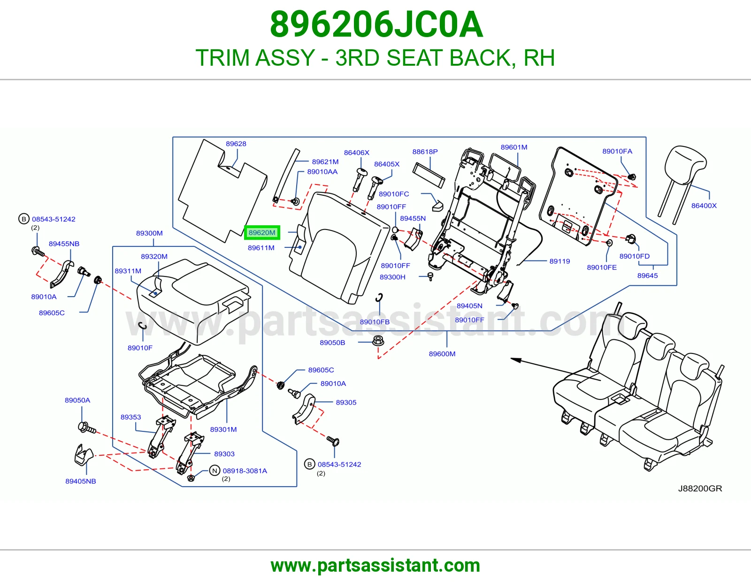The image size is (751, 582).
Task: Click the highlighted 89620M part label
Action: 262,233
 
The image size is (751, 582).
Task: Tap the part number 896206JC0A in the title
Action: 376,24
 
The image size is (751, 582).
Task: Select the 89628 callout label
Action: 236,144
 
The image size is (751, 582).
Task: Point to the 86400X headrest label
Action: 704,206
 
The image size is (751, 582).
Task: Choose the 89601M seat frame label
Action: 514,147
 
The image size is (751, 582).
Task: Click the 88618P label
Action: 425,152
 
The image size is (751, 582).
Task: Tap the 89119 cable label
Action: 559,261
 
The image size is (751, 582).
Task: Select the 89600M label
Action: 442,354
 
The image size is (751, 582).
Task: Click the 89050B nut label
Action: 332,343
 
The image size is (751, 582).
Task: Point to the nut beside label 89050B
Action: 378,341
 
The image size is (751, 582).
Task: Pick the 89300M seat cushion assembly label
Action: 149,233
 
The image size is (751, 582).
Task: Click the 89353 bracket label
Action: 130,417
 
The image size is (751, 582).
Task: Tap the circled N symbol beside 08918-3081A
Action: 215,471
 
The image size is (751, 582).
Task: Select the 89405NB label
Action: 81,481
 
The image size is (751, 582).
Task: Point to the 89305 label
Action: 346,402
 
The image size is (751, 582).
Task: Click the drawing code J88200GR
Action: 700,488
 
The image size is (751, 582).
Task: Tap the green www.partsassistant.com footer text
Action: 375,566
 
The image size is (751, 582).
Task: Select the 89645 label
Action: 648,276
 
